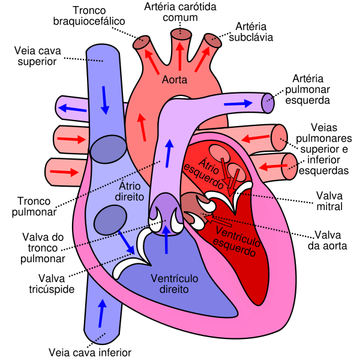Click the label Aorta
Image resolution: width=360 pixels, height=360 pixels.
[x=175, y=80]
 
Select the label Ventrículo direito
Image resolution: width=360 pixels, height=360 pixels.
[x=175, y=283]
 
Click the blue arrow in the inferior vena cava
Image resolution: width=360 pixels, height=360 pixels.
[x=102, y=312]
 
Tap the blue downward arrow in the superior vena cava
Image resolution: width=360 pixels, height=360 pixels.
[x=106, y=100]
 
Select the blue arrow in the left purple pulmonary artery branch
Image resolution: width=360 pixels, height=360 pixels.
[x=72, y=109]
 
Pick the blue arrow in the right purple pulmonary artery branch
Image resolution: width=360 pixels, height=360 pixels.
[x=238, y=104]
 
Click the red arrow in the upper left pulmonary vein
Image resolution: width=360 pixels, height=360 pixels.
[x=71, y=140]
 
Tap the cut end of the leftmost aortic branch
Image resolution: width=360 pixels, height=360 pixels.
[x=142, y=43]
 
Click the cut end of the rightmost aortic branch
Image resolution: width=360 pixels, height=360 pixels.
[x=213, y=40]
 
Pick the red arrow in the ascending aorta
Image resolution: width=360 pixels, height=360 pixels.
[x=142, y=127]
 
